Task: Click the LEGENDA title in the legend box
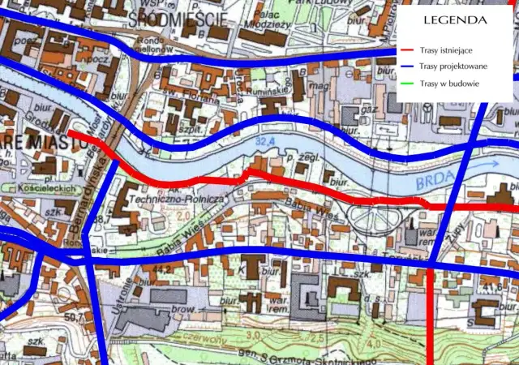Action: pos(454,19)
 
